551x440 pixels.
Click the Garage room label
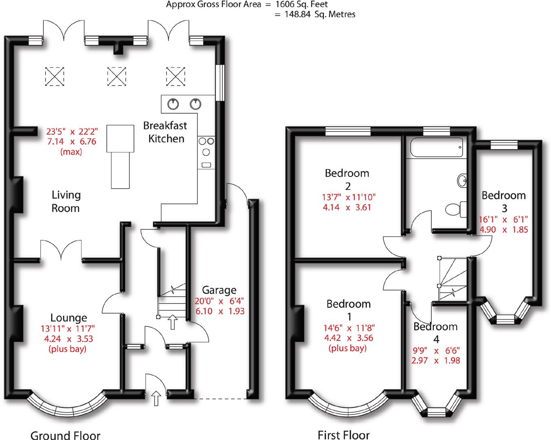tap(219, 290)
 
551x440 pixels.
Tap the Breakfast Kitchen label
tap(166, 132)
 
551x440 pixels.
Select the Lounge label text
tap(68, 318)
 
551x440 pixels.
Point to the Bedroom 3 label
tap(504, 201)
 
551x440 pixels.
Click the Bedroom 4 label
tap(435, 332)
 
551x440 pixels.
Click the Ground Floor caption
tap(65, 435)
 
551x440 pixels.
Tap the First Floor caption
tap(343, 435)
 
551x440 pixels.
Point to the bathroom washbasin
tap(463, 180)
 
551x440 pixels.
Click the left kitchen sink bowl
tap(173, 103)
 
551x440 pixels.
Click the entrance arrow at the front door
tap(156, 398)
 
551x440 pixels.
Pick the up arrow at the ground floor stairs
tap(173, 322)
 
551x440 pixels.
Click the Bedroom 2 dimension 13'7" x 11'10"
tap(349, 197)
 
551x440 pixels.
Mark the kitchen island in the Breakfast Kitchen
tap(121, 156)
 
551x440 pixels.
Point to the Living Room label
tap(66, 201)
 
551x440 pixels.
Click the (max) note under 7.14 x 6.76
tap(71, 152)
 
